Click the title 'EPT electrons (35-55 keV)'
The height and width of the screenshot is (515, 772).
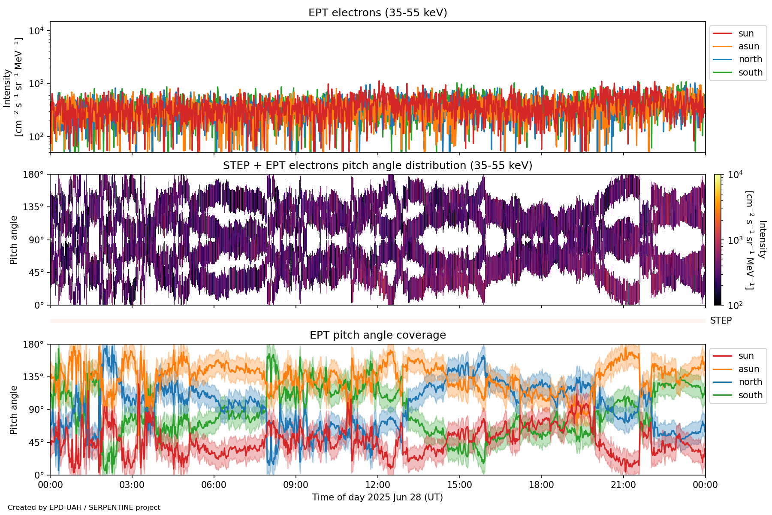pos(377,13)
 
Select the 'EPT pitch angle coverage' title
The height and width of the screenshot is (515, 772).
pos(377,335)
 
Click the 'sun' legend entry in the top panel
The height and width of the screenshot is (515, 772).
pos(746,33)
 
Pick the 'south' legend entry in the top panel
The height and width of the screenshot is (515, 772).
pos(750,73)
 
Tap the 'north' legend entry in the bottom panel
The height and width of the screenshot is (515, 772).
pos(750,382)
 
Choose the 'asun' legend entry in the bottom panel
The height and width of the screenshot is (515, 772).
pos(748,369)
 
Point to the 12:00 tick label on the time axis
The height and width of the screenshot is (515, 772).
pos(377,485)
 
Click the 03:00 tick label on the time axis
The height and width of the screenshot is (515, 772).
pos(132,485)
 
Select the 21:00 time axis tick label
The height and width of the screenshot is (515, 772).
pos(623,485)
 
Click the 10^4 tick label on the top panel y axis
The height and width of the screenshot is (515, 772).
pos(36,31)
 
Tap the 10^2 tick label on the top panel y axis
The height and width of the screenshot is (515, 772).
pos(36,137)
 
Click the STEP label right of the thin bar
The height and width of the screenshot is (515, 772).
pos(721,321)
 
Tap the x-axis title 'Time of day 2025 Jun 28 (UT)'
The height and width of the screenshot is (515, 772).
pos(377,497)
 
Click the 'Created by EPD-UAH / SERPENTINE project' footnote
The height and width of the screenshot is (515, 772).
pos(84,508)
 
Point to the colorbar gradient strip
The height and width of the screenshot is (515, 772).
pos(718,239)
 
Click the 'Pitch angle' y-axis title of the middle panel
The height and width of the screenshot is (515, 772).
pos(14,240)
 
